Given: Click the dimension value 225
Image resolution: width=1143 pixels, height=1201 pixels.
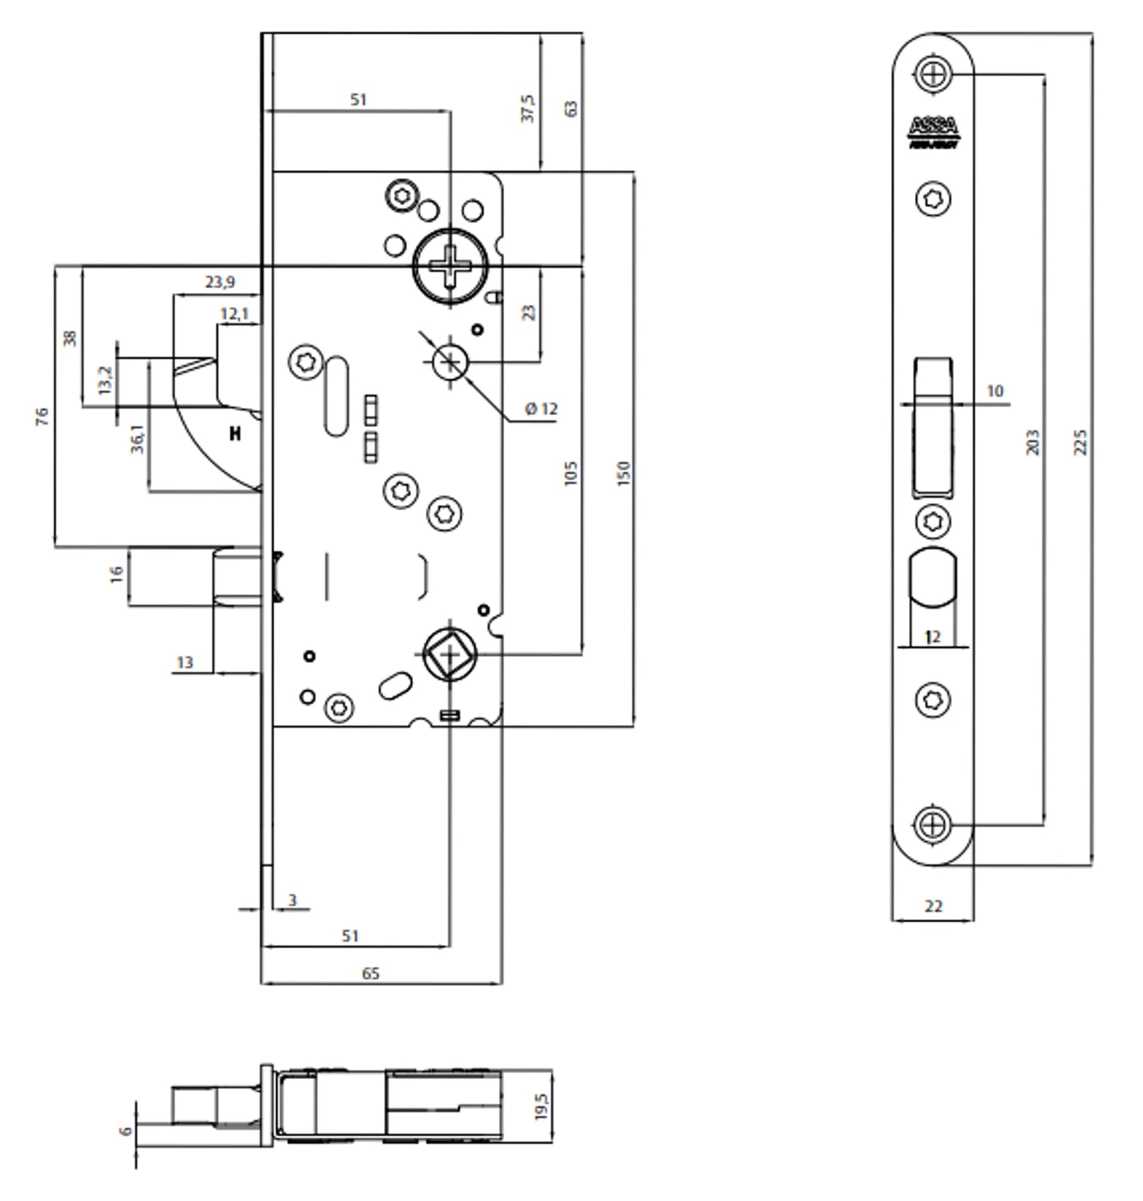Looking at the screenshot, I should pos(1081,442).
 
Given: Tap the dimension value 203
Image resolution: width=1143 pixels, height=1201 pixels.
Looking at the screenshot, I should pos(1032,442).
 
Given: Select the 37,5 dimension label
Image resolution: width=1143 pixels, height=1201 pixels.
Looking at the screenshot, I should pos(527,108).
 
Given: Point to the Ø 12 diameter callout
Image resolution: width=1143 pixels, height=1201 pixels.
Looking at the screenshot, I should pos(541,409).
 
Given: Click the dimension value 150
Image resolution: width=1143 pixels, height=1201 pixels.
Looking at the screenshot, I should pos(624,473).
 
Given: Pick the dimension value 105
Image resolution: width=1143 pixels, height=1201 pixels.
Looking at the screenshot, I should pos(570,473).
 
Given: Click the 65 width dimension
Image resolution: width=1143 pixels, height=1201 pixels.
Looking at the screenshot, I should pos(371,973).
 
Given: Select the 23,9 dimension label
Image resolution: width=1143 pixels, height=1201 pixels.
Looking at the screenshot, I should pos(219,282).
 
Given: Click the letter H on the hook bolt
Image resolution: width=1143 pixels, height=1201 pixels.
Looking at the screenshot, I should pos(235,434).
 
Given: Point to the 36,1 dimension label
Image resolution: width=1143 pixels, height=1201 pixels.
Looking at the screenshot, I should pos(137,439).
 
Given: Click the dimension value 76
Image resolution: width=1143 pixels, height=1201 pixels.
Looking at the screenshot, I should pos(41,417).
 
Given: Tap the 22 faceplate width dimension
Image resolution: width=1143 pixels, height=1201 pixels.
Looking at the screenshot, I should pos(934,906).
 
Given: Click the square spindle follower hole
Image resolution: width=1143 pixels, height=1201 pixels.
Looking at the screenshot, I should pos(450,655).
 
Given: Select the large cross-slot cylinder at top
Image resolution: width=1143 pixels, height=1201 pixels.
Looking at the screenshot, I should pos(450,266).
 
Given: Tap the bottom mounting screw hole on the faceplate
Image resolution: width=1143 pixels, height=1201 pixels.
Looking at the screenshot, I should pos(933,825).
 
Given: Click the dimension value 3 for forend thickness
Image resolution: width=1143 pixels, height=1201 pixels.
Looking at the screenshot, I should pos(292,900).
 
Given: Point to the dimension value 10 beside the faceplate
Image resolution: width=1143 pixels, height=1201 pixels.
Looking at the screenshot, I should pos(994,391).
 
